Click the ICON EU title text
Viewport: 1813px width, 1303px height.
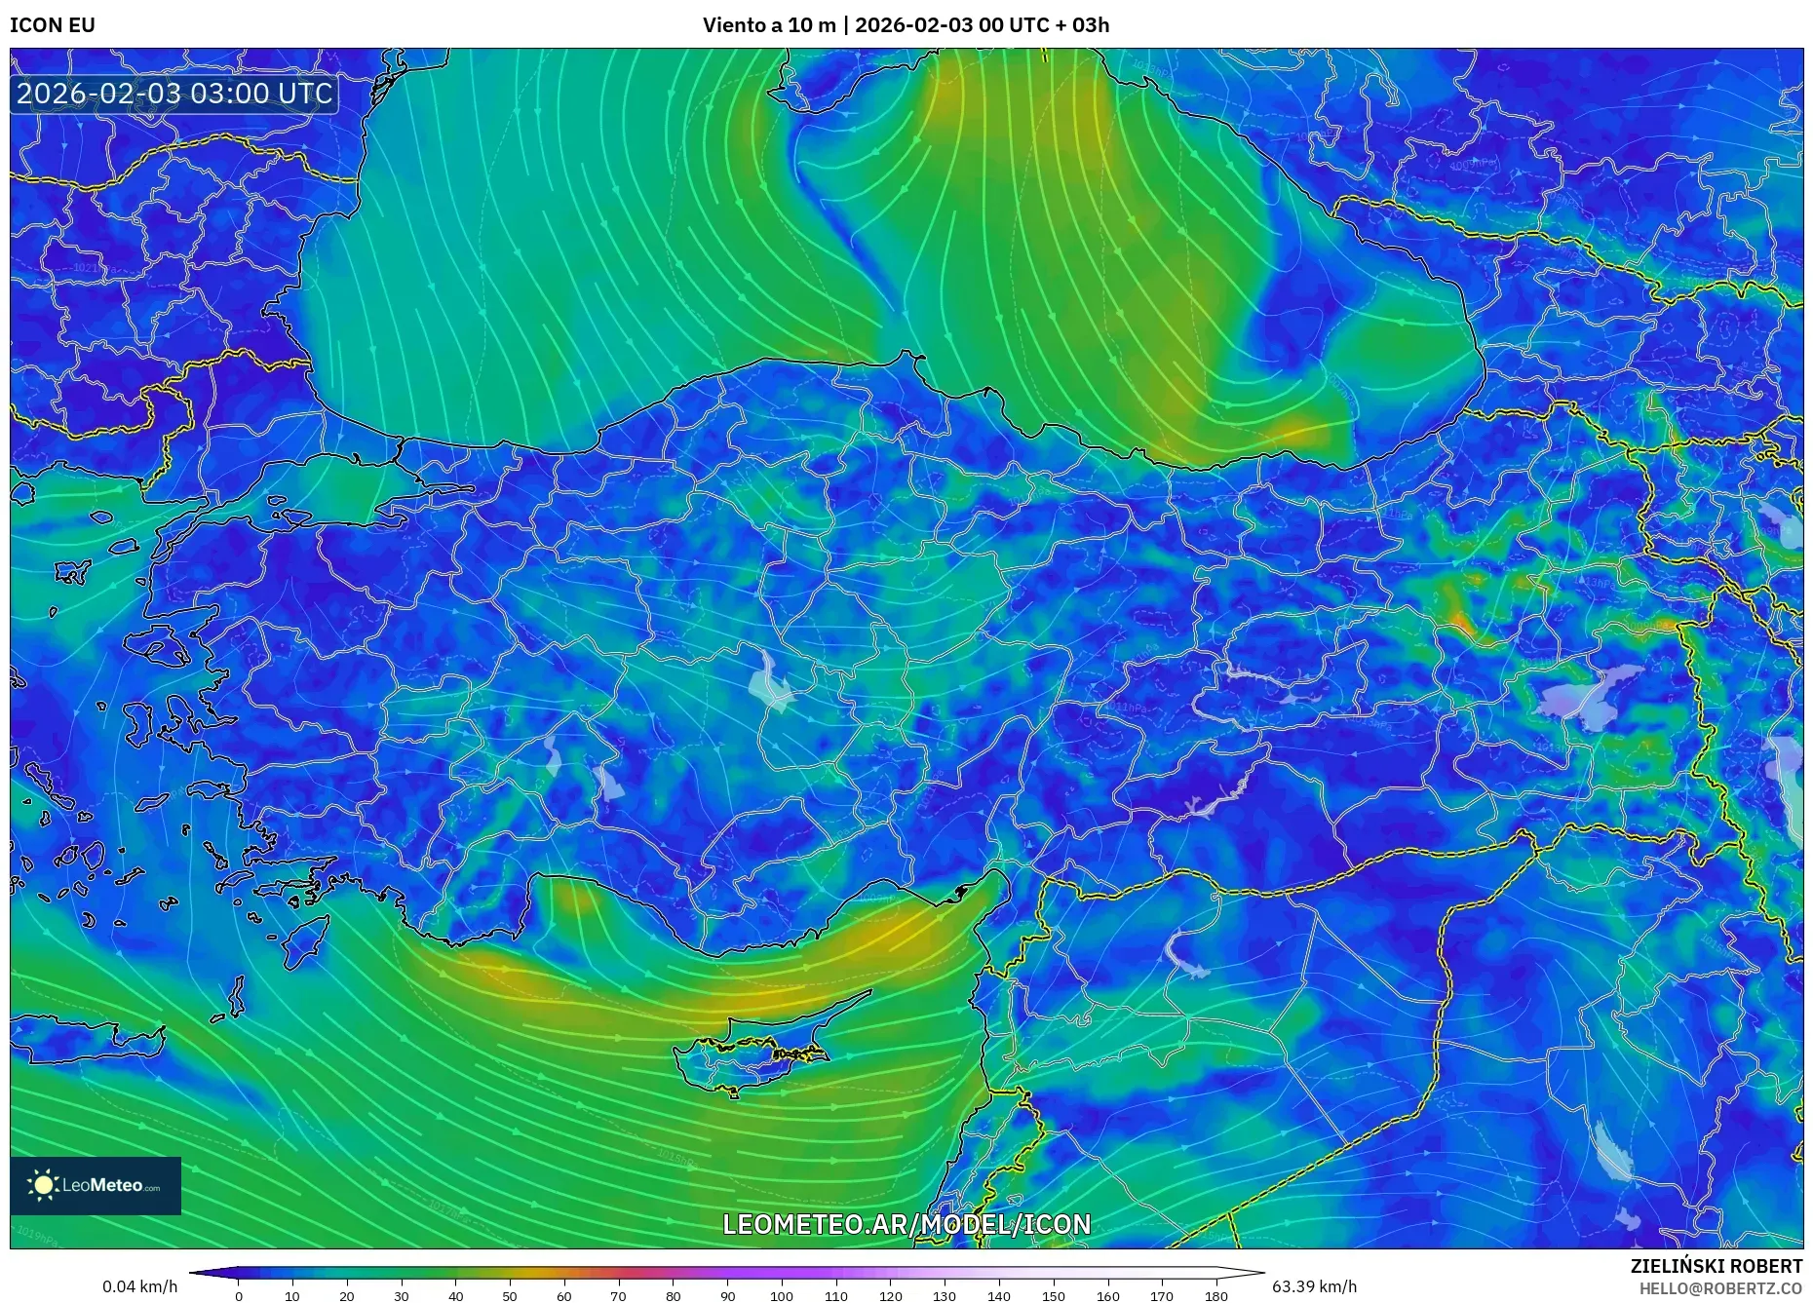(x=53, y=25)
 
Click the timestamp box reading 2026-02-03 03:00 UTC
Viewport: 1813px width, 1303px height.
(x=174, y=94)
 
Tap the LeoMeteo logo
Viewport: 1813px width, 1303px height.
(x=96, y=1185)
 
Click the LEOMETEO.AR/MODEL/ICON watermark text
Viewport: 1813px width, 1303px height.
(x=906, y=1224)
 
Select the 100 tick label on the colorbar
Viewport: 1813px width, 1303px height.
(x=782, y=1296)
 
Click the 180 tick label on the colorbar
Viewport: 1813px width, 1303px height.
(x=1215, y=1296)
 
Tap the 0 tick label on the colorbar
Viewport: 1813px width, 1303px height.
(x=239, y=1296)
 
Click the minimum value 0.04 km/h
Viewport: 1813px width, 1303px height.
(x=140, y=1286)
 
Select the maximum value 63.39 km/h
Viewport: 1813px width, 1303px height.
(x=1314, y=1286)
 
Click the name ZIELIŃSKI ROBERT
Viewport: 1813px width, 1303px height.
(x=1716, y=1266)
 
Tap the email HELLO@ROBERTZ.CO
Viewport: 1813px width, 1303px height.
(x=1720, y=1288)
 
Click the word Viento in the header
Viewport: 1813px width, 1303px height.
(x=733, y=25)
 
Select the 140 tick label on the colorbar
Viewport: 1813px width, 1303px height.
(x=999, y=1296)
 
